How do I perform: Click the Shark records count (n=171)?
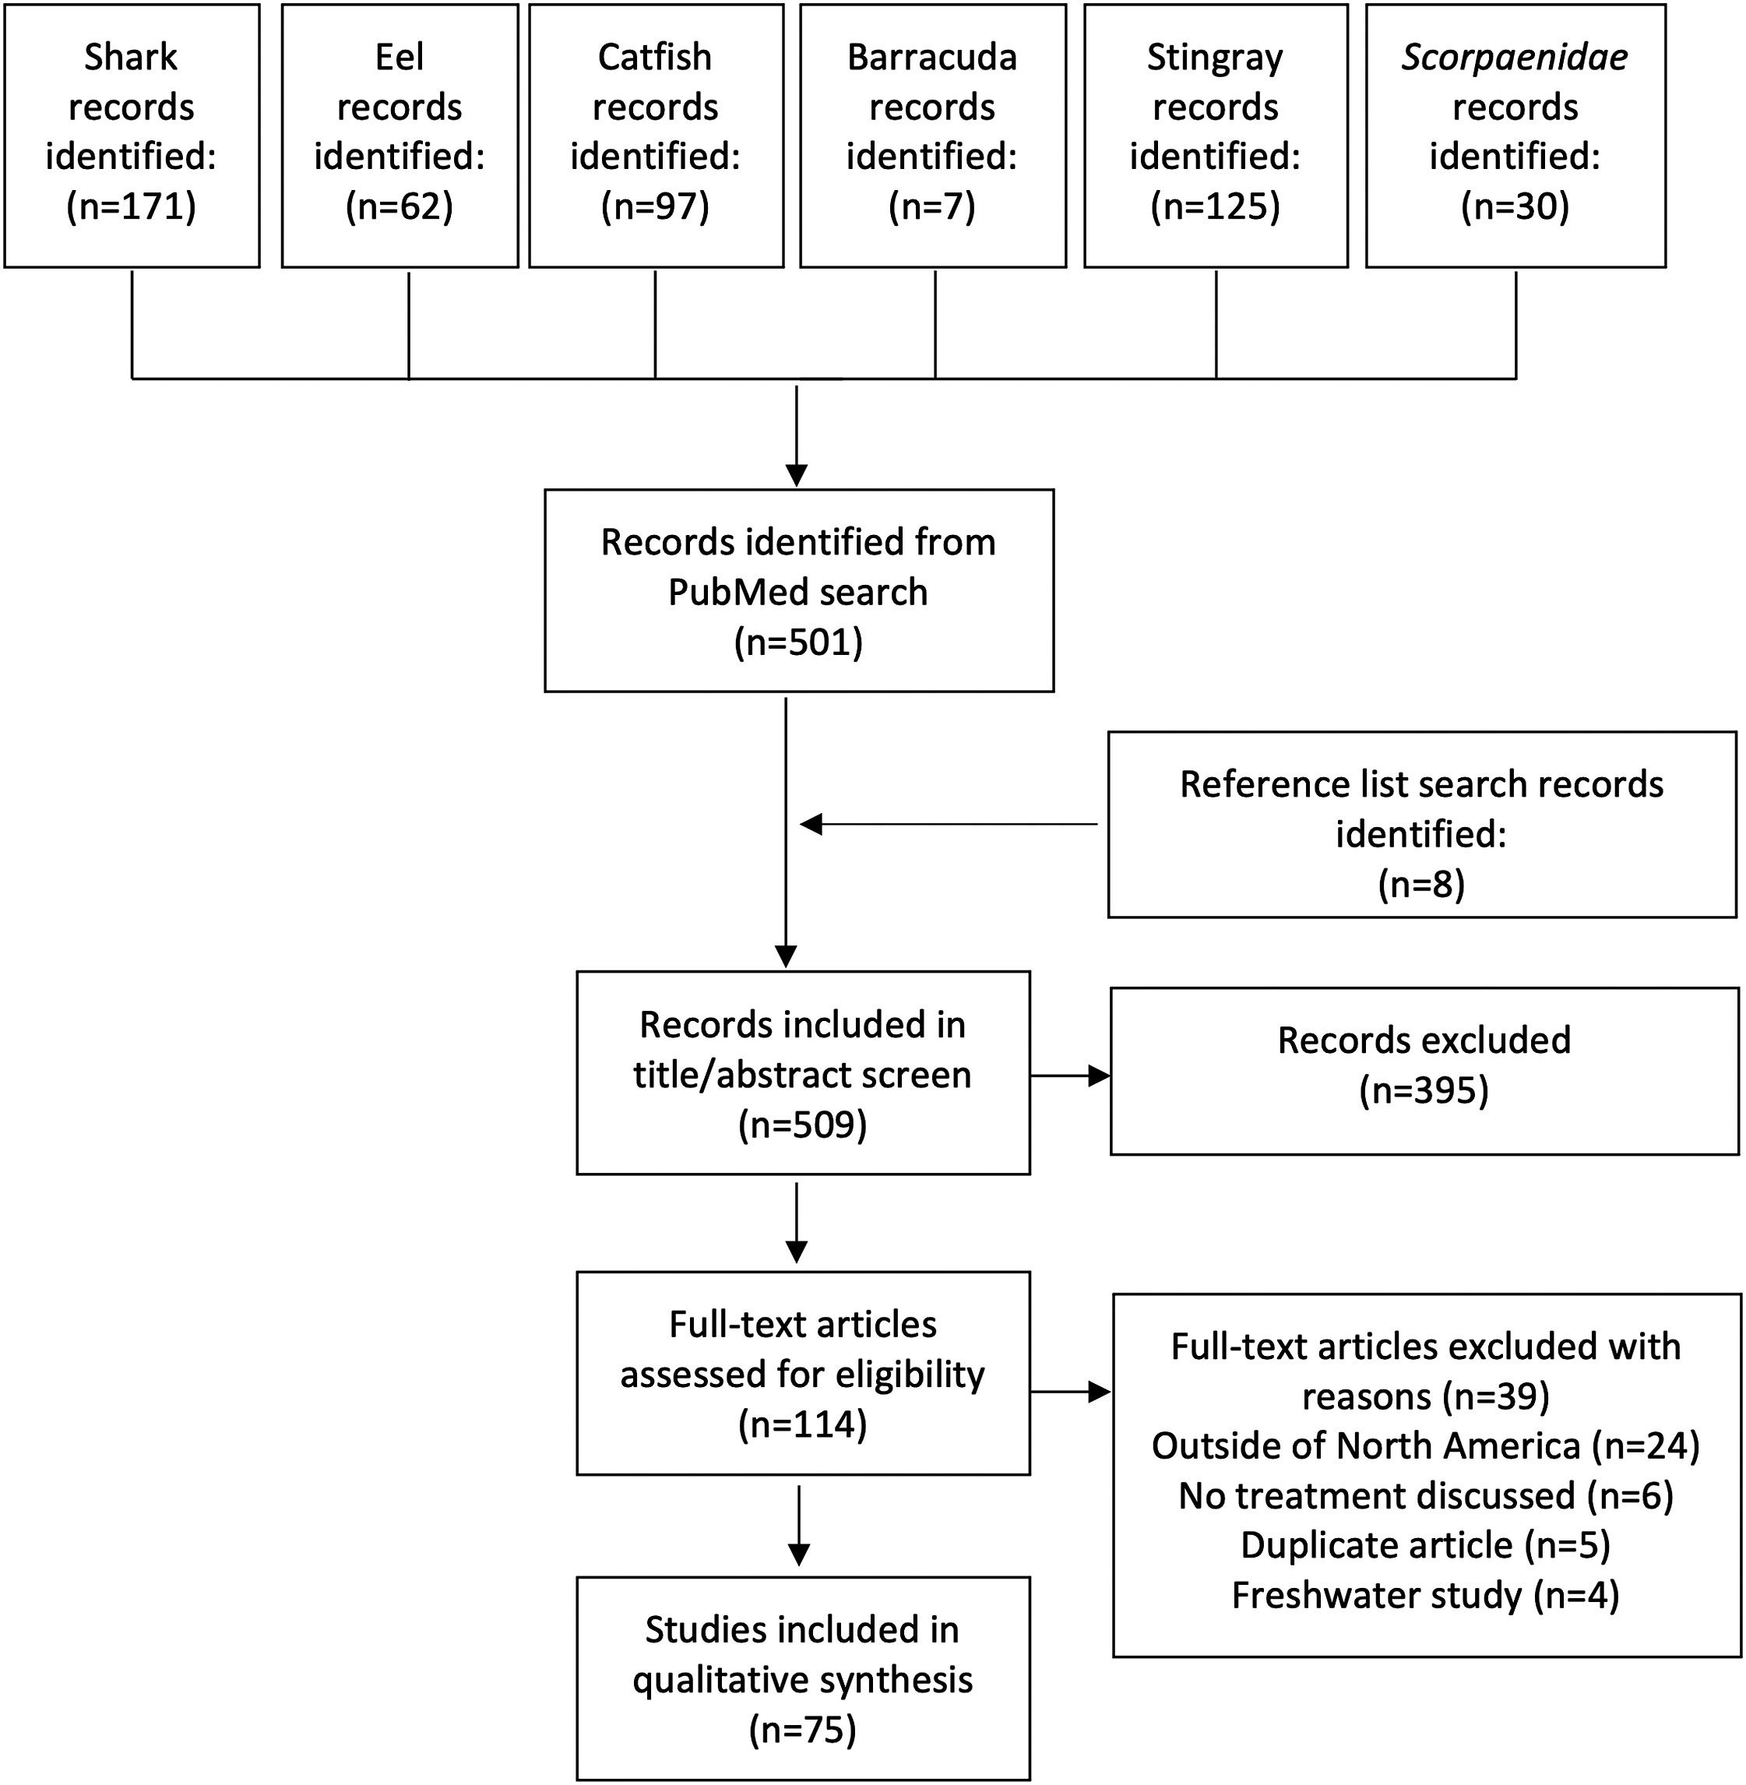click(131, 206)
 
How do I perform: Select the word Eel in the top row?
click(400, 57)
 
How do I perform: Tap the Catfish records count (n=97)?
click(656, 206)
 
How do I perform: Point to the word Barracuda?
click(933, 57)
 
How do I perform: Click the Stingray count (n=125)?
click(1216, 206)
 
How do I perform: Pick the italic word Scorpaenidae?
click(1515, 58)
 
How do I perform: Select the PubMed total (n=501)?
click(799, 642)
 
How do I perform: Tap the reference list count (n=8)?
click(1421, 884)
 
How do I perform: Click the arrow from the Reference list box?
click(949, 825)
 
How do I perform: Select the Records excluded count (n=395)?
click(1424, 1090)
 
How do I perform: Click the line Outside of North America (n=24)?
click(1426, 1445)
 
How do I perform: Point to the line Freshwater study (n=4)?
click(1426, 1595)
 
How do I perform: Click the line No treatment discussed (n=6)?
click(1426, 1495)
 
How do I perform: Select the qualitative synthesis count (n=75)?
click(802, 1730)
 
